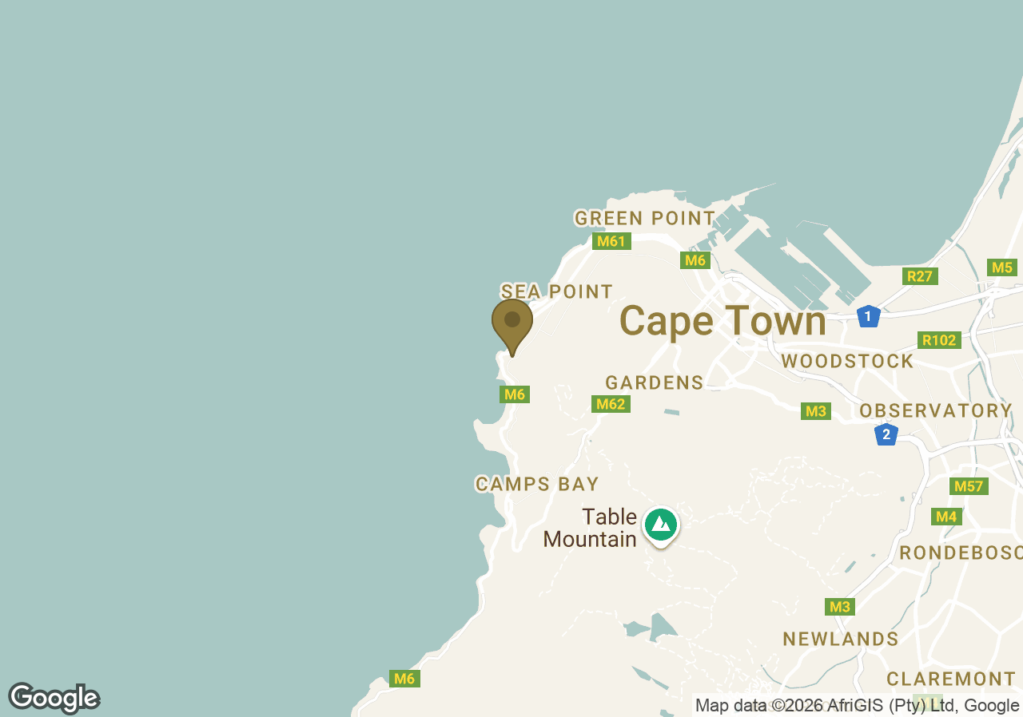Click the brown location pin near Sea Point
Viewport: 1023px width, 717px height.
click(x=512, y=322)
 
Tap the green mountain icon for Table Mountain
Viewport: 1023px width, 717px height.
click(x=660, y=525)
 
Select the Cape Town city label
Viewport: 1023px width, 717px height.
click(x=722, y=322)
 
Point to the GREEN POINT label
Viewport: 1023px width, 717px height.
click(x=645, y=218)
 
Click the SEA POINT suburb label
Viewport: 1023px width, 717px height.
click(x=557, y=291)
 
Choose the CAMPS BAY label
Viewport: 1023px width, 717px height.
click(x=537, y=484)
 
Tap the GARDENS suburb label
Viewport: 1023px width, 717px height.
click(x=655, y=382)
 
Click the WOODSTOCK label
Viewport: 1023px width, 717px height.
click(x=848, y=361)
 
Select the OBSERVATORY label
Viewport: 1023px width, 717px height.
click(x=936, y=410)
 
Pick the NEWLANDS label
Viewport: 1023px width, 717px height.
click(x=841, y=639)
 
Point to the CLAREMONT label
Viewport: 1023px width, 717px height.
click(x=951, y=679)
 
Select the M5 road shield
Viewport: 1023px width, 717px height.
click(x=1002, y=267)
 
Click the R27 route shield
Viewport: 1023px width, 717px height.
click(x=920, y=276)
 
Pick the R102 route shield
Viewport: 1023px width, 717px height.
click(x=938, y=340)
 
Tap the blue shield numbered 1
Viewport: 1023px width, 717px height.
click(x=868, y=316)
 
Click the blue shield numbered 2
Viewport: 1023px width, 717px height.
click(x=886, y=434)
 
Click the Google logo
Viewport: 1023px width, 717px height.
click(x=54, y=699)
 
